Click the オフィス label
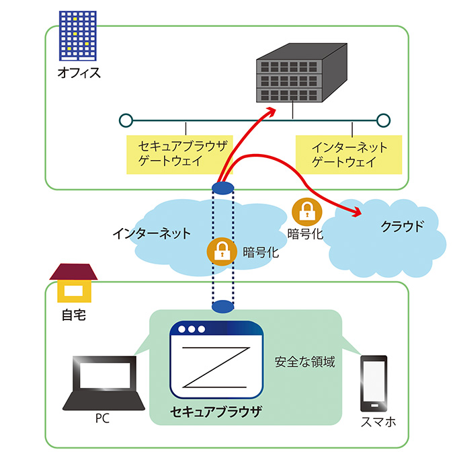click(79, 72)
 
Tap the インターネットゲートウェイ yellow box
click(349, 154)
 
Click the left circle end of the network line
click(124, 120)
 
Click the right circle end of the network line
click(383, 120)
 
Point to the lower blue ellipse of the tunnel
click(222, 307)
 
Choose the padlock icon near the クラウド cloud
click(305, 211)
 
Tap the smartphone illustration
click(374, 383)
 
